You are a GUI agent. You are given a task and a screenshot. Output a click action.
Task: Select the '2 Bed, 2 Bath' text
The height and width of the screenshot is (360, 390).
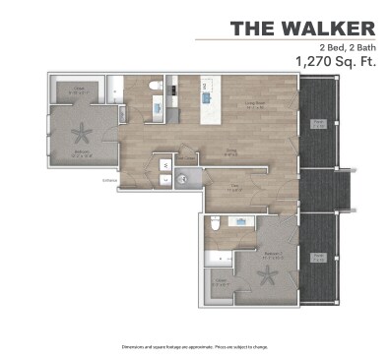347,47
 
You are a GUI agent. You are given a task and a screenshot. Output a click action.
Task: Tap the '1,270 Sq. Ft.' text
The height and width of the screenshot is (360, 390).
335,61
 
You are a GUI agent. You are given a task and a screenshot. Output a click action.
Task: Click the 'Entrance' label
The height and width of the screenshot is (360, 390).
109,180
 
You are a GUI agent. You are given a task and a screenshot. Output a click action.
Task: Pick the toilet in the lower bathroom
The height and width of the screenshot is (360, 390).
216,225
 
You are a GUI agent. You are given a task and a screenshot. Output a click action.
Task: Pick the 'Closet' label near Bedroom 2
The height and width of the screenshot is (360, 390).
219,285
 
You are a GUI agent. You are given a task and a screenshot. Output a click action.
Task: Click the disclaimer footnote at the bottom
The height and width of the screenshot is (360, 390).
195,346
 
